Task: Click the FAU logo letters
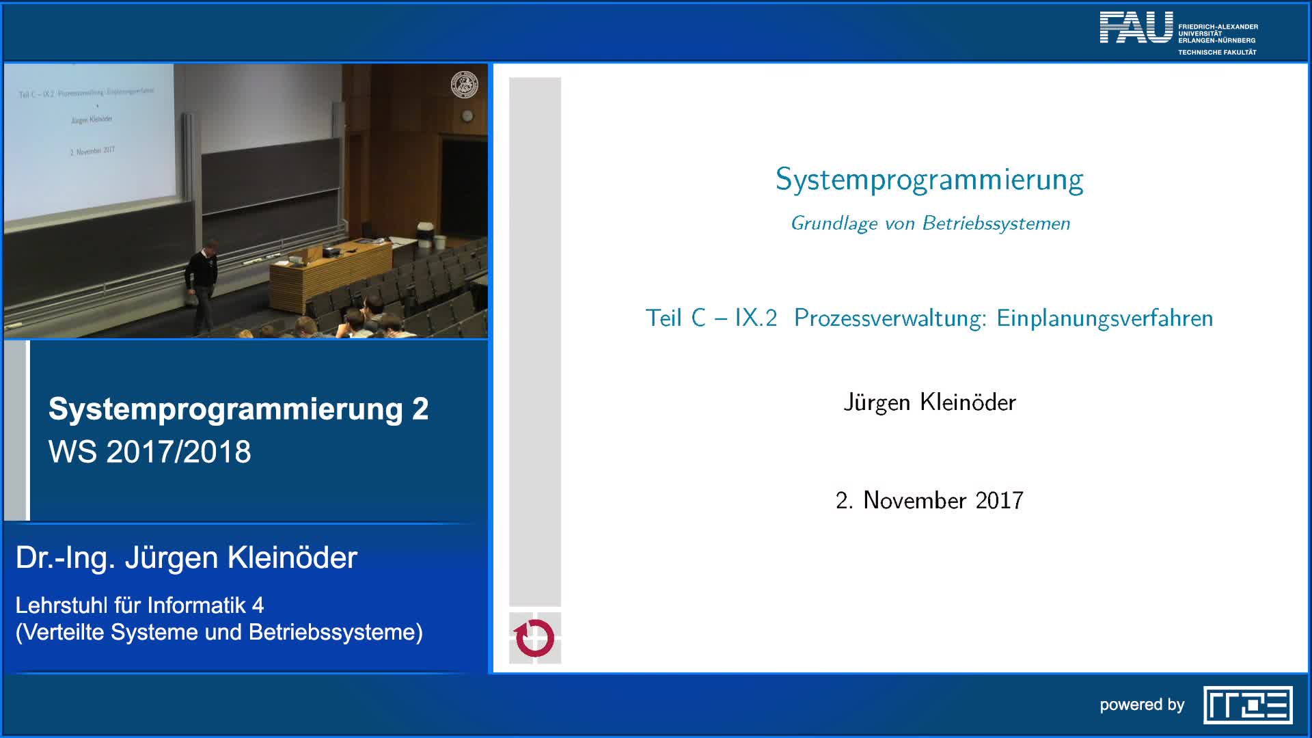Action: pos(1136,28)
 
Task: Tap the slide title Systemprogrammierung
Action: pos(929,180)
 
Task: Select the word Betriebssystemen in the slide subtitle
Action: pos(996,223)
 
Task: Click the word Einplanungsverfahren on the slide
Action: pos(1104,318)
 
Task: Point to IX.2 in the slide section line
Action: pos(756,318)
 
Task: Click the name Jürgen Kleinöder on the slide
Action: pos(929,402)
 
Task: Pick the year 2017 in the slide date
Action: pos(999,501)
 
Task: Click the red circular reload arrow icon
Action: pos(534,638)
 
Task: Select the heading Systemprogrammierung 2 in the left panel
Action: pos(238,409)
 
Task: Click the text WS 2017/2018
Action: pos(150,452)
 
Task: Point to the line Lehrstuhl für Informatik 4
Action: pos(139,605)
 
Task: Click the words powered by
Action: pos(1142,705)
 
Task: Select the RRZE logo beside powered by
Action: pos(1248,705)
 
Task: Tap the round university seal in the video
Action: pos(465,85)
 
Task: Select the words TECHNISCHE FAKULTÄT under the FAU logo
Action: pos(1217,53)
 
